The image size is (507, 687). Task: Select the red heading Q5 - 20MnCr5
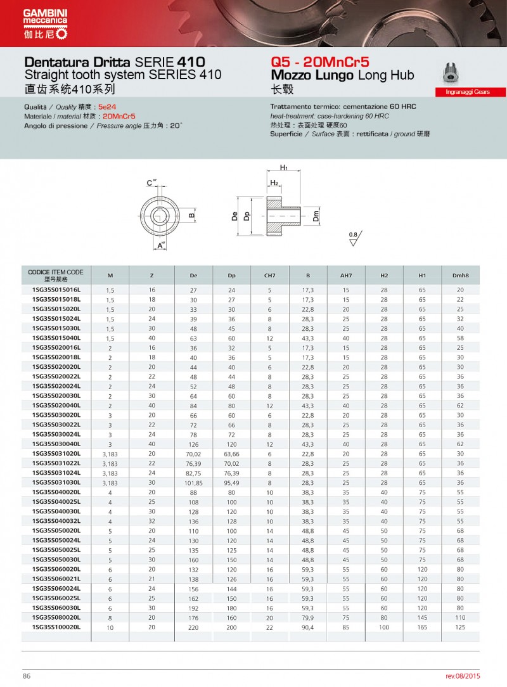[x=319, y=62]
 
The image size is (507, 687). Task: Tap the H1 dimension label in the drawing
[x=285, y=167]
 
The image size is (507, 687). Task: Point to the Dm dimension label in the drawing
[x=316, y=217]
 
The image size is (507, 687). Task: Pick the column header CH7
[x=269, y=276]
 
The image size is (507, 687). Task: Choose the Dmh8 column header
[x=460, y=276]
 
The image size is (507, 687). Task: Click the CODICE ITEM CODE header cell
[x=56, y=275]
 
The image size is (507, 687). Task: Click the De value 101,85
[x=193, y=482]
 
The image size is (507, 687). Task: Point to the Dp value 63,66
[x=231, y=453]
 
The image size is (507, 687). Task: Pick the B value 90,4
[x=308, y=626]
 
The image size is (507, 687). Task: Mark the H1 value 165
[x=422, y=626]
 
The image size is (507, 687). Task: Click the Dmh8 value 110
[x=460, y=617]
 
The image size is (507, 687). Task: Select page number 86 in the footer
[x=27, y=676]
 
